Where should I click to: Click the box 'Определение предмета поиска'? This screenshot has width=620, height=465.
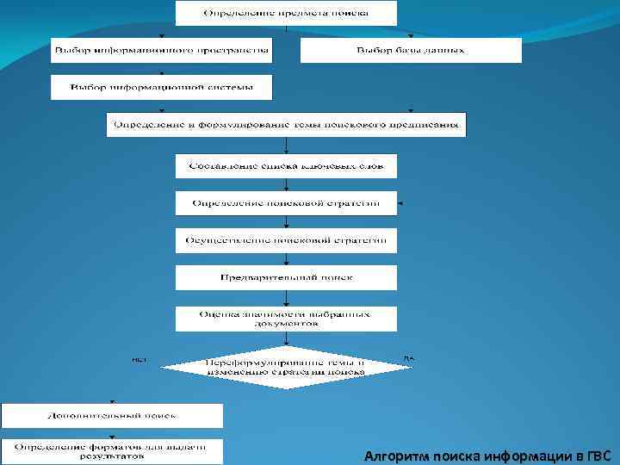pos(286,13)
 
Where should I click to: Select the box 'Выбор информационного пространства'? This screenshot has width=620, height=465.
pos(161,50)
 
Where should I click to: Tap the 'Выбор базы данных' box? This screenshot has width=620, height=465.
pos(411,50)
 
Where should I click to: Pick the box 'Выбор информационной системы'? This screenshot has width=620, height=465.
pos(161,87)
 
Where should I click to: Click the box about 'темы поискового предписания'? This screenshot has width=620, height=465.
pos(286,124)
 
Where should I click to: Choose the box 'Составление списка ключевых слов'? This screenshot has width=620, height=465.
pos(286,165)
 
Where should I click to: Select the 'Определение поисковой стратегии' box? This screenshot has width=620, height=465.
pos(286,203)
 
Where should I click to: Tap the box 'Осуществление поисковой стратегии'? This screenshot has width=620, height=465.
pos(286,240)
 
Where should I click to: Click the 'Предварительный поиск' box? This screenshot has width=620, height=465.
pos(286,277)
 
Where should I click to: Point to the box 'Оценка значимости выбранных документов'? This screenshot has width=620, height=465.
pos(286,319)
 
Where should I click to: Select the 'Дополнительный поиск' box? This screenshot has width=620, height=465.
pos(112,416)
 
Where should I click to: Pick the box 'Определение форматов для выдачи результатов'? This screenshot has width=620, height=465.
pos(112,451)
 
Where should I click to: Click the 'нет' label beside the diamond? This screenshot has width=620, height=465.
pos(139,357)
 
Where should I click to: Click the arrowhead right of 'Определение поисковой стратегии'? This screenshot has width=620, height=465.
pos(401,204)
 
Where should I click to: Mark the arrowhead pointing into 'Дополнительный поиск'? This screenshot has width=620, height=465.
pos(112,401)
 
